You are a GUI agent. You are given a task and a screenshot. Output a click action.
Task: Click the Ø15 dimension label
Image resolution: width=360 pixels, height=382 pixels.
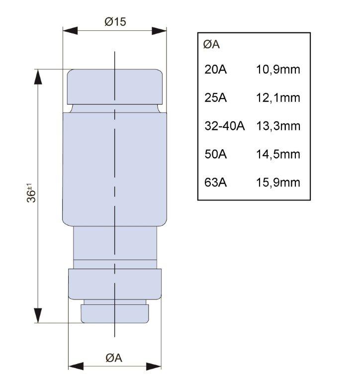pyautogui.click(x=115, y=22)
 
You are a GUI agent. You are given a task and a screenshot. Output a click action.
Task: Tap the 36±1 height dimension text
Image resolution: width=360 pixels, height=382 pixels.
pyautogui.click(x=31, y=192)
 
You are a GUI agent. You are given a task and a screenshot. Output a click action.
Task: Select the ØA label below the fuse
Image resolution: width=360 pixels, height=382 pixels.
pyautogui.click(x=114, y=358)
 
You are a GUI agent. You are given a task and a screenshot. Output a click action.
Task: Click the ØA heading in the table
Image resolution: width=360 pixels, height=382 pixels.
pyautogui.click(x=211, y=45)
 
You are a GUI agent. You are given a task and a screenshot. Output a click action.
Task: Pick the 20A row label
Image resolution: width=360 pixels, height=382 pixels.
pyautogui.click(x=216, y=70)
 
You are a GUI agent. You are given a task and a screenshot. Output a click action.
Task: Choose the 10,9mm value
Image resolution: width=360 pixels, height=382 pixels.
pyautogui.click(x=278, y=70)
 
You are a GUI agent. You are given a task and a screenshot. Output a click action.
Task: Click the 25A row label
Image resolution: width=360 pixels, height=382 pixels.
pyautogui.click(x=216, y=97)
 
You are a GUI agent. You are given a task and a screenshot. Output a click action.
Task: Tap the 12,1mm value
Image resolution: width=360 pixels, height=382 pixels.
pyautogui.click(x=278, y=98)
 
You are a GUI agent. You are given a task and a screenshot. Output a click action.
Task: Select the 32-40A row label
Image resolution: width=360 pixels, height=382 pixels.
pyautogui.click(x=225, y=126)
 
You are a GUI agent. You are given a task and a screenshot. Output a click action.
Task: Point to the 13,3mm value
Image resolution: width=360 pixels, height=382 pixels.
pyautogui.click(x=278, y=126)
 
